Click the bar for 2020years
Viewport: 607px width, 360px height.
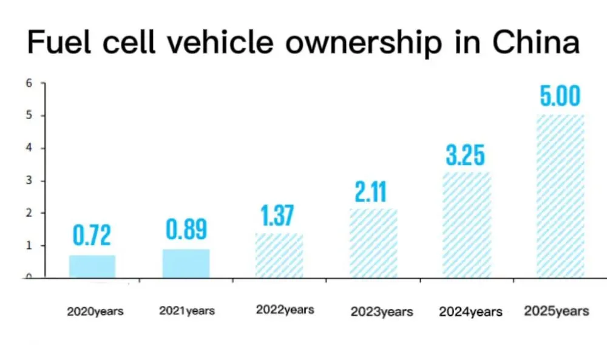click(x=92, y=267)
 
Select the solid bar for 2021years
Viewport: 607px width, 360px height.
click(x=186, y=263)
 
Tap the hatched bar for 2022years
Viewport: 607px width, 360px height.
click(x=279, y=256)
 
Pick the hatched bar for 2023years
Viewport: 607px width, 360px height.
click(x=373, y=243)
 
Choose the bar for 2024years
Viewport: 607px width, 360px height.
click(x=466, y=225)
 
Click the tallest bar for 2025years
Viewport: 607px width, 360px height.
click(x=560, y=196)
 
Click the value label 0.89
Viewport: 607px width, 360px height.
click(x=186, y=230)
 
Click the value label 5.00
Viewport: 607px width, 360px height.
click(x=560, y=97)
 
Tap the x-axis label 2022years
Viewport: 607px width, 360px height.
click(x=285, y=310)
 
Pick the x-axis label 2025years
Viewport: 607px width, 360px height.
click(x=556, y=311)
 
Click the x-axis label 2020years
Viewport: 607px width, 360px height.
click(x=95, y=311)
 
